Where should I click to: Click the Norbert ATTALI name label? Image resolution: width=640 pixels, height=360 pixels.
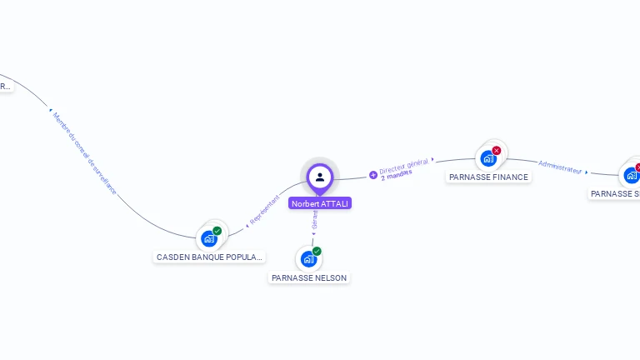[320, 203]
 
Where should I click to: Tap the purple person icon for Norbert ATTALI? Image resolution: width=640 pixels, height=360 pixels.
[320, 177]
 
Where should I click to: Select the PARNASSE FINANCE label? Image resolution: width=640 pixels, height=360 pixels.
[488, 177]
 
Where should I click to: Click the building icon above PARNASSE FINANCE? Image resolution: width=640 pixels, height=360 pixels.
[488, 158]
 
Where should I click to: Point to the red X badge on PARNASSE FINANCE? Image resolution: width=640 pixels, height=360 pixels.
[497, 151]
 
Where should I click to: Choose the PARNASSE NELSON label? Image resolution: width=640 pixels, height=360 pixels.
[309, 277]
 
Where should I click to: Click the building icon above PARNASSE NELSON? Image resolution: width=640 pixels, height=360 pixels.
[308, 259]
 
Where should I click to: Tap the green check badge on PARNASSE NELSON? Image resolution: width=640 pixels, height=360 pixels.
[317, 251]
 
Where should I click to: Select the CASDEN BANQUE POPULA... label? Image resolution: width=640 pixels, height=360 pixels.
[209, 257]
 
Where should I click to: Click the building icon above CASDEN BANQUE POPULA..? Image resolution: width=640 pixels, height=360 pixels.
[208, 238]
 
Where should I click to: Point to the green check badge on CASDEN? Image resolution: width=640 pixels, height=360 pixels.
[217, 231]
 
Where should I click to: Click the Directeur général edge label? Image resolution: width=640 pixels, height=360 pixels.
[403, 165]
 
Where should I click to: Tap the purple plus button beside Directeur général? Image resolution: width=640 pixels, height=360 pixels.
[373, 175]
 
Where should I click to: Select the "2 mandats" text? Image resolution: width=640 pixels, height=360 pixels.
[397, 175]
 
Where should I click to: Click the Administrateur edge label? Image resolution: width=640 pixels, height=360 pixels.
[560, 166]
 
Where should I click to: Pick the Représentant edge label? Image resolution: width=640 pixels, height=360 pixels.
[265, 210]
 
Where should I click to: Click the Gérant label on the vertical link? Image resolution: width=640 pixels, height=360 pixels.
[314, 220]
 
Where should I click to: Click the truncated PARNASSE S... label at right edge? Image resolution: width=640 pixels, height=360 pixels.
[615, 193]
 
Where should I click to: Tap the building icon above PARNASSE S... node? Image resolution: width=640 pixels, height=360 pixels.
[632, 175]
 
